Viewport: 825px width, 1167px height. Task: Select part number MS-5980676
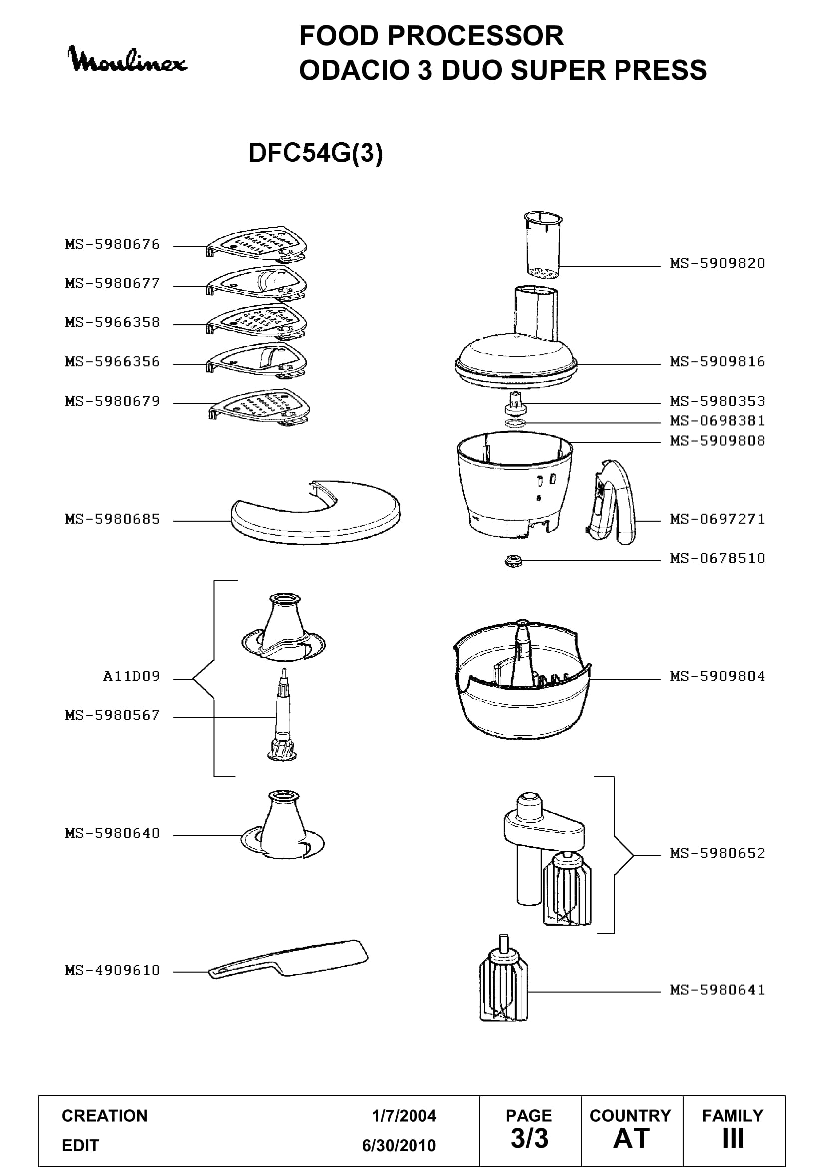click(x=112, y=244)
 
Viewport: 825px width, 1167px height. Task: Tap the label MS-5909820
click(x=717, y=264)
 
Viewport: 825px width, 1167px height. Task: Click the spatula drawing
click(x=288, y=960)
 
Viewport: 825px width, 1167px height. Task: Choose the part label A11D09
click(x=132, y=676)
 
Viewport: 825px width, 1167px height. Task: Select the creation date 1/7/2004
click(x=404, y=1116)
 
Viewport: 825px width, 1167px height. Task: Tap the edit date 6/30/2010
click(x=399, y=1145)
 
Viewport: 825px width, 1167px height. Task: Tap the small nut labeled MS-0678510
click(x=514, y=561)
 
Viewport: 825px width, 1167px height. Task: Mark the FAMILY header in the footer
click(x=733, y=1115)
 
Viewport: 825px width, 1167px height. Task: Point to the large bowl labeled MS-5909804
click(x=522, y=679)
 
